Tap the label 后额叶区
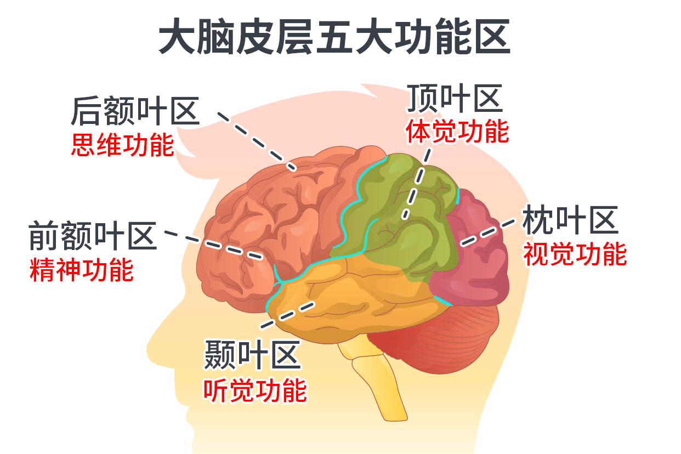pyautogui.click(x=135, y=111)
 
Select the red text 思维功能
pyautogui.click(x=123, y=145)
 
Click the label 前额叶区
pyautogui.click(x=93, y=236)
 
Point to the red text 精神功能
pyautogui.click(x=82, y=270)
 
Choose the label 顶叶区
pyautogui.click(x=455, y=99)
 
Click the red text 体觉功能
pyautogui.click(x=457, y=132)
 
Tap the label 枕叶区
pyautogui.click(x=570, y=220)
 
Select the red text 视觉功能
pyautogui.click(x=575, y=254)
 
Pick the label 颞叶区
pyautogui.click(x=253, y=355)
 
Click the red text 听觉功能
pyautogui.click(x=255, y=390)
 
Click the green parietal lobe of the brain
pyautogui.click(x=406, y=219)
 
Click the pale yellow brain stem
pyautogui.click(x=373, y=378)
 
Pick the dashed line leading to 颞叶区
pyautogui.click(x=287, y=314)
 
